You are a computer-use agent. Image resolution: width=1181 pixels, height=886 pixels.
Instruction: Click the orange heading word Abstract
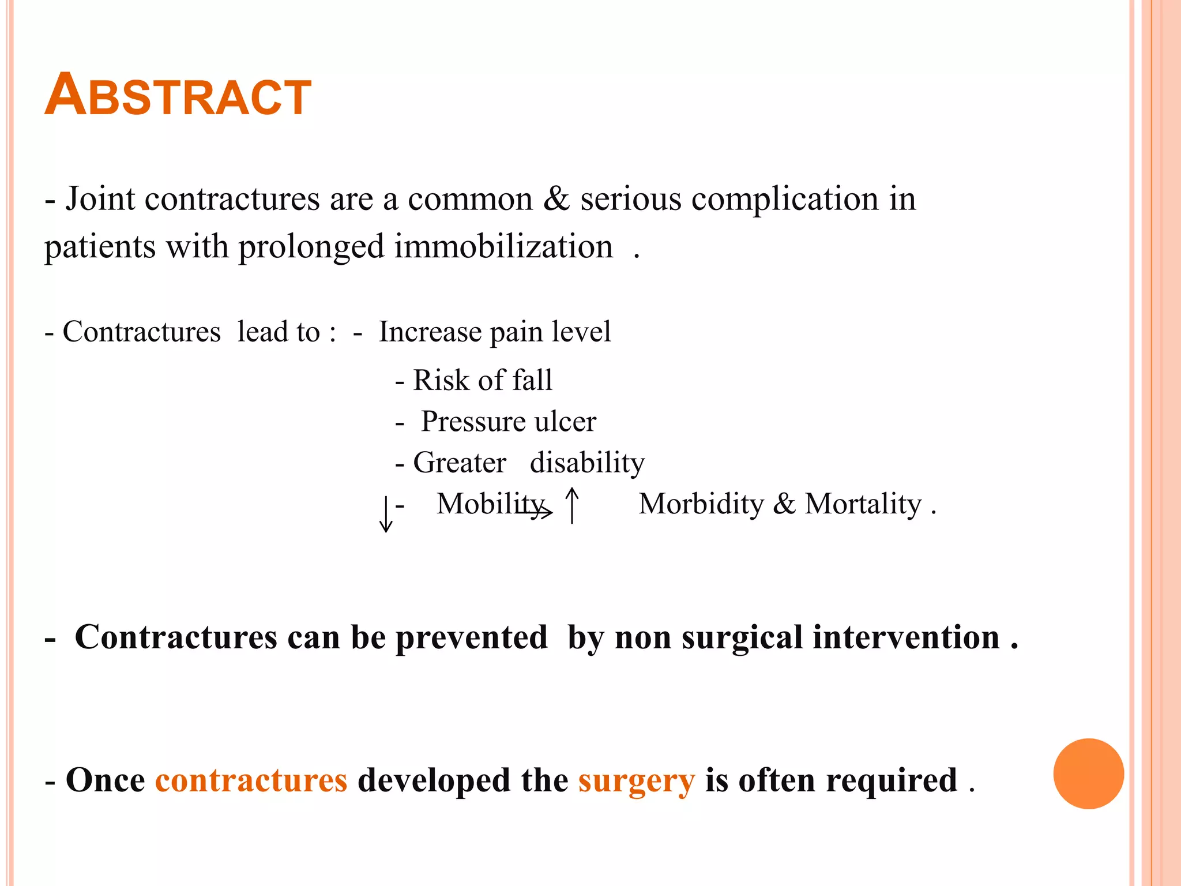[178, 96]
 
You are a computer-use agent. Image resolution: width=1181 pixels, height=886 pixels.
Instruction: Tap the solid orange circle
[1088, 774]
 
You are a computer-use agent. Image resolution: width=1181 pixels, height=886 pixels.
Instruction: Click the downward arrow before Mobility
[386, 514]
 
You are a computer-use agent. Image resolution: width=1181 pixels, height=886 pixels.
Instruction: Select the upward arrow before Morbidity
[571, 505]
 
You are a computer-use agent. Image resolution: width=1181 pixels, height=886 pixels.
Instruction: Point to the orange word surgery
[637, 781]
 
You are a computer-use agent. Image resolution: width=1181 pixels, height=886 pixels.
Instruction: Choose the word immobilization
[503, 246]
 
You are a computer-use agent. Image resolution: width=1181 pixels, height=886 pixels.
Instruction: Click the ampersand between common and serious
[556, 199]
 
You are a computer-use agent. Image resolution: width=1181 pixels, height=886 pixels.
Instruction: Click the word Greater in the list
[460, 463]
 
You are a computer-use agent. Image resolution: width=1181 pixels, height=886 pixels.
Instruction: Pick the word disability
[587, 463]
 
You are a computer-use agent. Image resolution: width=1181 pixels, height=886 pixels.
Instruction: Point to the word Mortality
[863, 504]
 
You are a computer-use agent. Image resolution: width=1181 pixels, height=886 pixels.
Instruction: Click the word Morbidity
[701, 504]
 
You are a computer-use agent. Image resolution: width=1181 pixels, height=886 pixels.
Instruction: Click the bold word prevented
[471, 638]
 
